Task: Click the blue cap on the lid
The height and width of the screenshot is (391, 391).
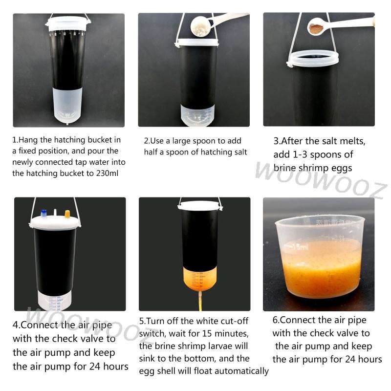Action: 44,214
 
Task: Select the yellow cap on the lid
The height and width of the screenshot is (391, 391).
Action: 67,214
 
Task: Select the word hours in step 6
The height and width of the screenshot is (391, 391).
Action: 365,359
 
